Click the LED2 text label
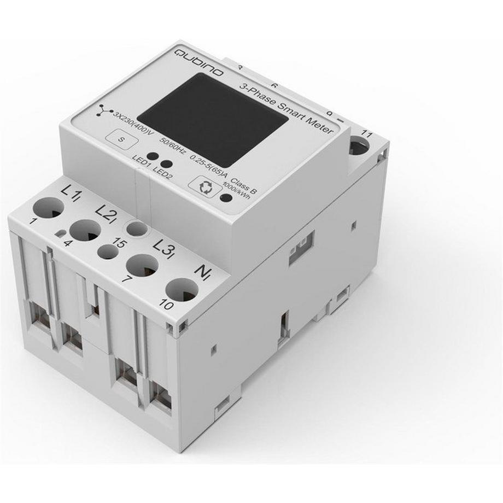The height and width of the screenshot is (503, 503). coord(163,171)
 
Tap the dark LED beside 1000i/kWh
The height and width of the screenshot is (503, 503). coord(224,196)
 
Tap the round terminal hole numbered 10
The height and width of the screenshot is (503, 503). coord(182,289)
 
